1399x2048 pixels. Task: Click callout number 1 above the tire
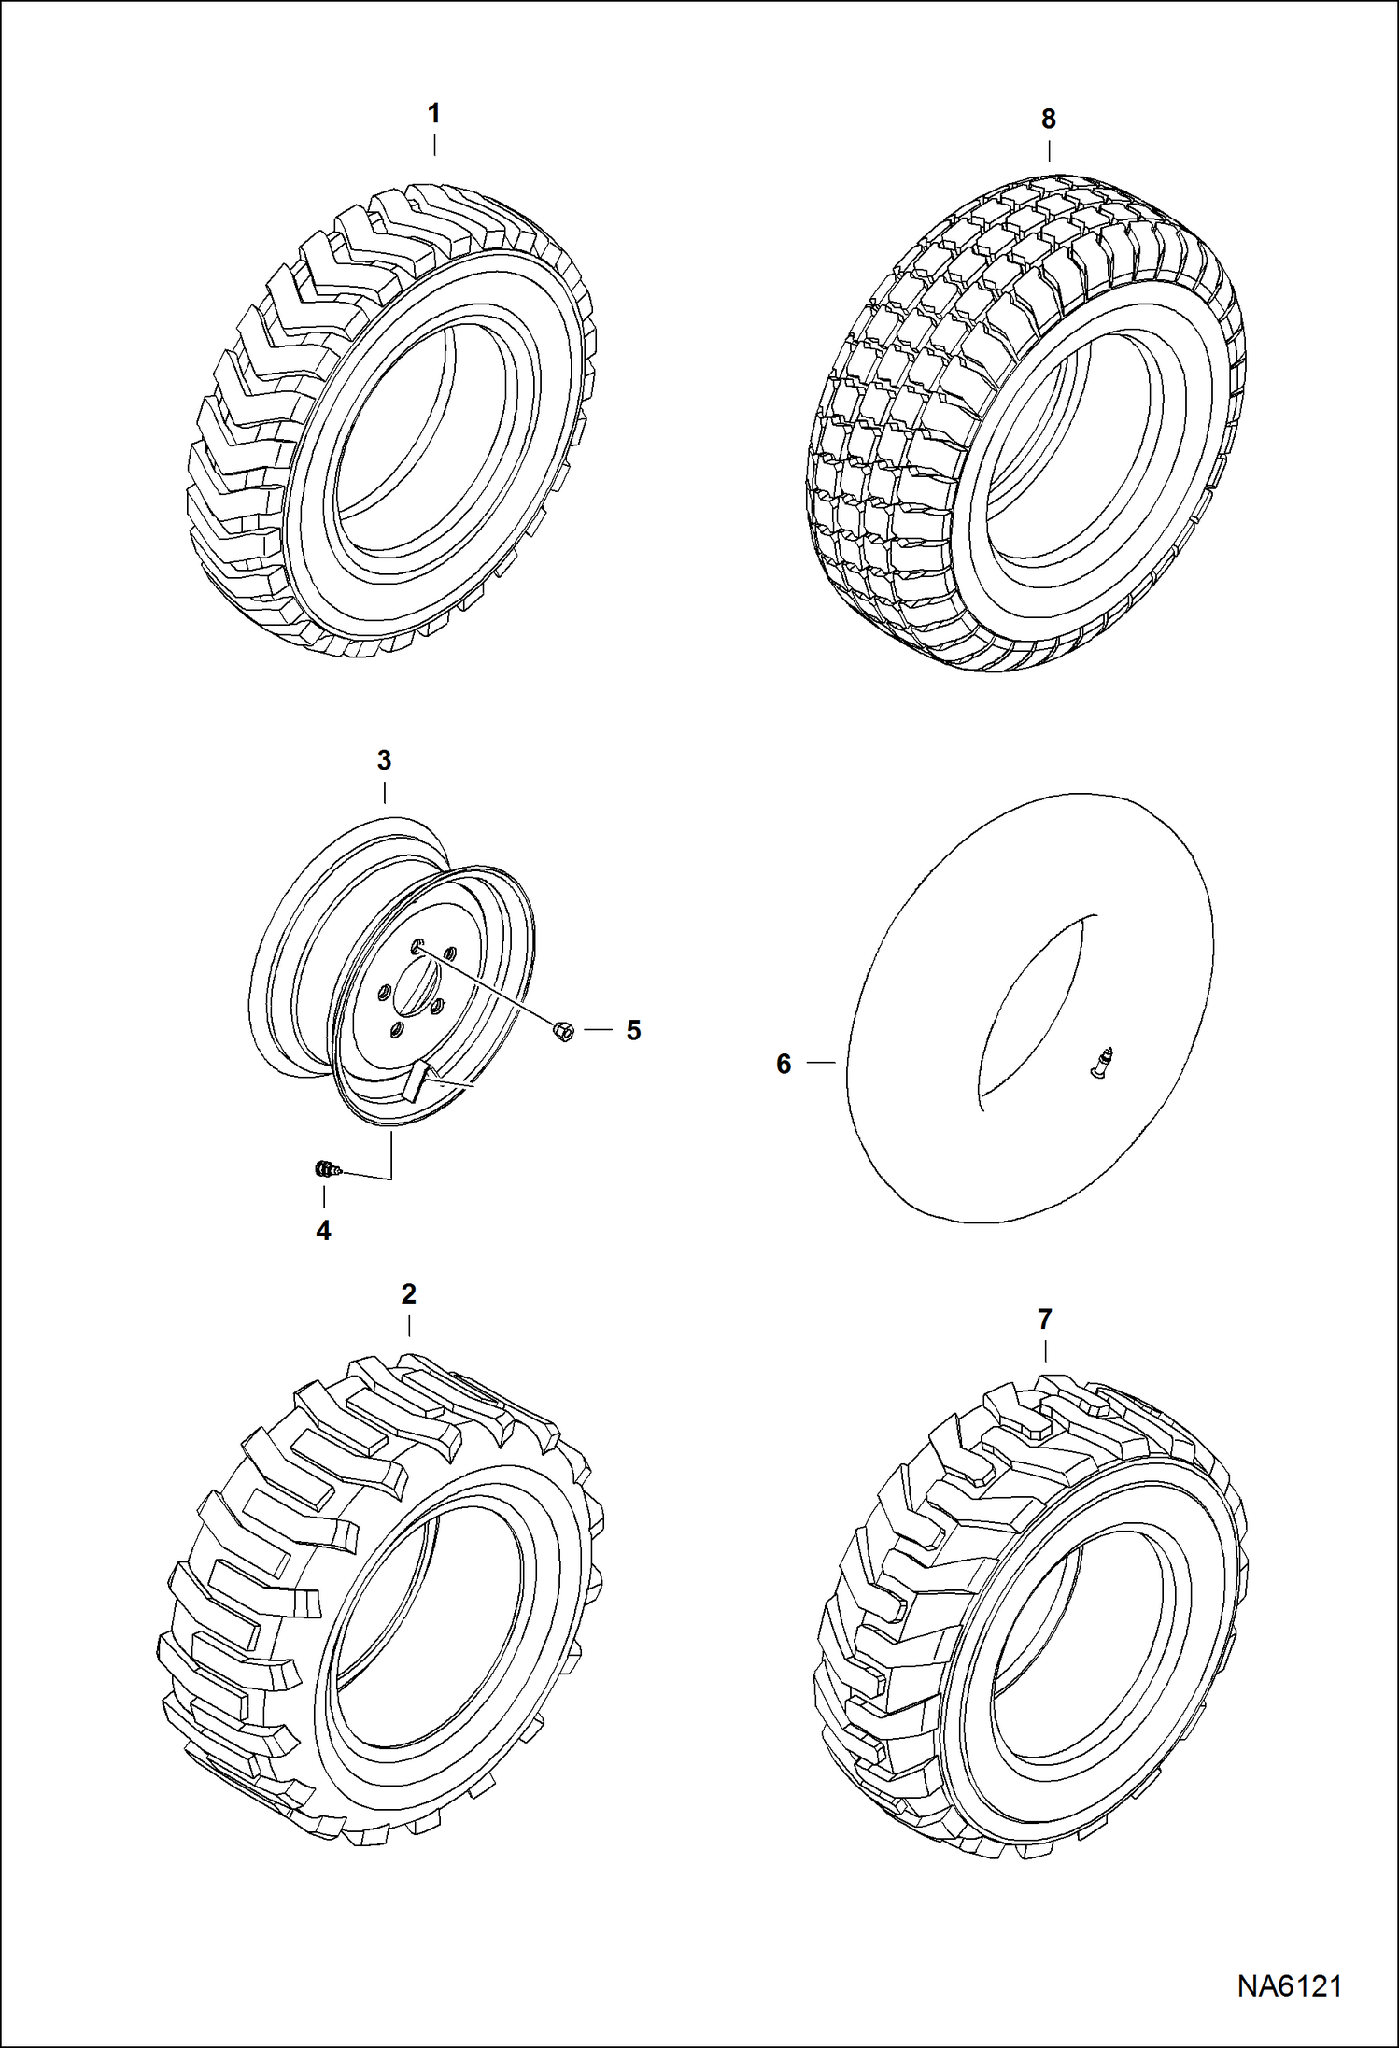433,114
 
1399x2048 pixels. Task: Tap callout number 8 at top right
1049,120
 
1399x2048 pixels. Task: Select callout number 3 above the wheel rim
384,760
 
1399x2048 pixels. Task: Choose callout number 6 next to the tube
784,1064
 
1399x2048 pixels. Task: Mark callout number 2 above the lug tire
408,1294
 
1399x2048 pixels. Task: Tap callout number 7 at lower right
1044,1320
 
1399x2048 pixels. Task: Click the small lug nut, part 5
563,1031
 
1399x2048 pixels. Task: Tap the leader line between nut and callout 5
599,1030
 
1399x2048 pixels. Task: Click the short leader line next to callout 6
821,1063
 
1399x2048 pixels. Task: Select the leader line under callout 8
1049,151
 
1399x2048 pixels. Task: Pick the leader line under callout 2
408,1327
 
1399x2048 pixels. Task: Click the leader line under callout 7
1044,1350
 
